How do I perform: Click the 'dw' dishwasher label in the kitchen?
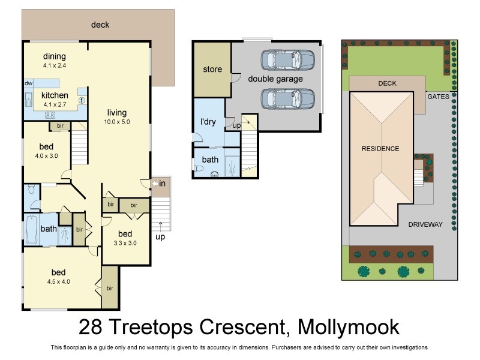28,83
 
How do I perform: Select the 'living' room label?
118,112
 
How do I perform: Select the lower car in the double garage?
287,97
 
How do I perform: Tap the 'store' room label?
212,69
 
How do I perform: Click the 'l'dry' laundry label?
208,122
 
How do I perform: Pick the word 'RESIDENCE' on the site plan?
380,148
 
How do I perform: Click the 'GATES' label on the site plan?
437,96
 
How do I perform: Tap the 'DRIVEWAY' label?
425,224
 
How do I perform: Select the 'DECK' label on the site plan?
387,83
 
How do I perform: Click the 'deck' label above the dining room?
100,25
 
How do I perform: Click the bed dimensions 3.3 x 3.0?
125,243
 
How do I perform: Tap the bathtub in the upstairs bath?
31,230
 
